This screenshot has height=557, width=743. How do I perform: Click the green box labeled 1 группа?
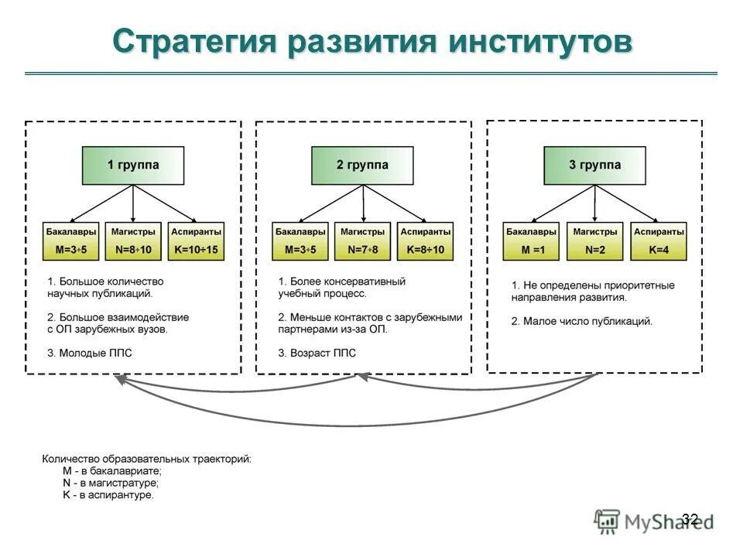tap(133, 165)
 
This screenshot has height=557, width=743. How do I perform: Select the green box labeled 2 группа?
tap(362, 165)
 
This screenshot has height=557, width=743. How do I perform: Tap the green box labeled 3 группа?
tap(594, 165)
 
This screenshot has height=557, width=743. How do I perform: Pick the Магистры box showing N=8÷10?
tap(133, 241)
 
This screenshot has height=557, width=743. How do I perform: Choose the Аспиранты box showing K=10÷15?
tap(196, 241)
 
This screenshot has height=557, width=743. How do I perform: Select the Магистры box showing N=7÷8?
tap(362, 241)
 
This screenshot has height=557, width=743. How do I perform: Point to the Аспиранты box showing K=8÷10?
tap(425, 241)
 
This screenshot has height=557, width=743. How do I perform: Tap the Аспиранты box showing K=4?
tap(659, 241)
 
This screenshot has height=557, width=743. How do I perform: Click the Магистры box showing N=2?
tap(594, 241)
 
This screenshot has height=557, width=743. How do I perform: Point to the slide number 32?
tap(690, 518)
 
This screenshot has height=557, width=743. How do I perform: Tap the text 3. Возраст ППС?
tap(317, 354)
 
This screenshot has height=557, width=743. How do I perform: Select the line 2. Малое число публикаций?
tap(581, 320)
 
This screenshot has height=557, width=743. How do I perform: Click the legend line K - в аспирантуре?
tap(108, 495)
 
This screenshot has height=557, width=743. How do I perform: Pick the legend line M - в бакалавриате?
tap(111, 470)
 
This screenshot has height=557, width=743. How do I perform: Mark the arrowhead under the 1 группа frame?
tap(118, 378)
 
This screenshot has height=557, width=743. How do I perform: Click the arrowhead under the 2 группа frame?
tap(361, 377)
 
